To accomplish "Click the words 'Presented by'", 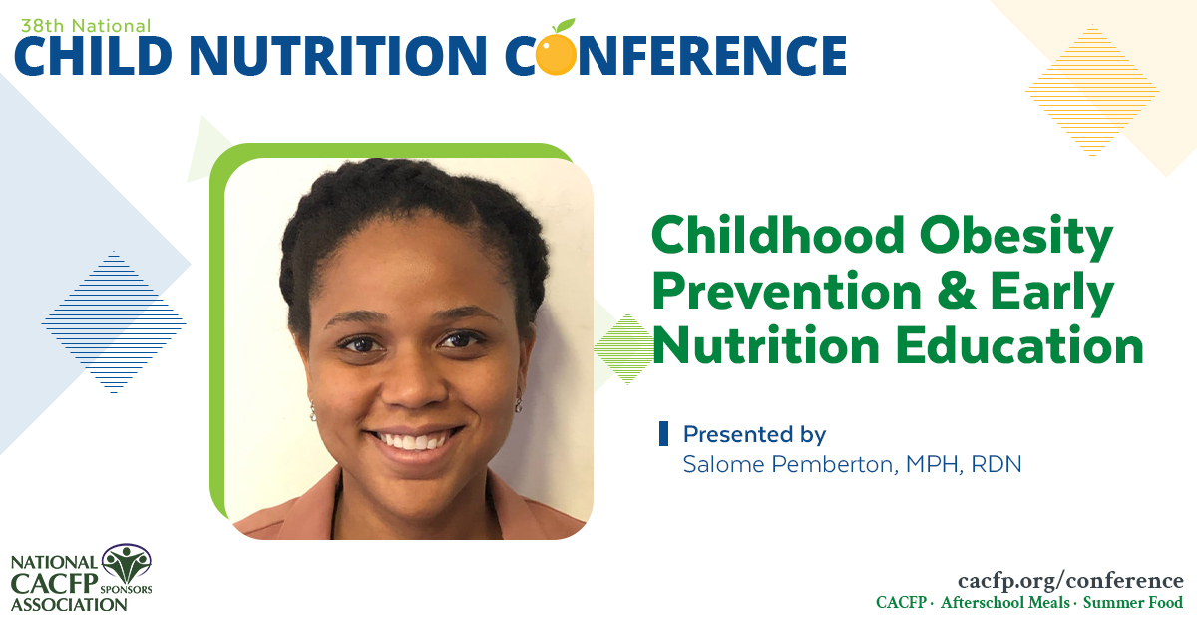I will pos(754,435).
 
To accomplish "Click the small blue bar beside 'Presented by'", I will pos(664,434).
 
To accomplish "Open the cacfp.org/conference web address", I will pos(1069,581).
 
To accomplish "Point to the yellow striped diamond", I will pos(1093,91).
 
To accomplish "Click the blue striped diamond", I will pos(114,321).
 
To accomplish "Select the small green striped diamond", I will pos(623,348).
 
